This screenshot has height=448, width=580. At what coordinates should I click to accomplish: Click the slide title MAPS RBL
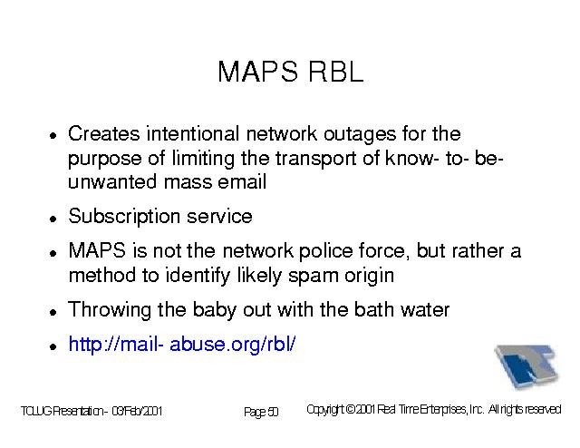[x=291, y=72]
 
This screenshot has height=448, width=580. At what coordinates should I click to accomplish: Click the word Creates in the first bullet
[x=104, y=133]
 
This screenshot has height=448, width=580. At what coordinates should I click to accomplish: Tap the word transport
[x=316, y=160]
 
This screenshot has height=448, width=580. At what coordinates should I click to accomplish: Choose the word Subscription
[x=124, y=217]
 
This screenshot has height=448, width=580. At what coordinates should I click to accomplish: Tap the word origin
[x=369, y=276]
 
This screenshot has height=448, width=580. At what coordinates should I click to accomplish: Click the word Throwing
[x=110, y=310]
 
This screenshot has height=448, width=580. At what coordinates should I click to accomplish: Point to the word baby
[x=215, y=310]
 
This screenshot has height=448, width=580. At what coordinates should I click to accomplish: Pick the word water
[x=425, y=310]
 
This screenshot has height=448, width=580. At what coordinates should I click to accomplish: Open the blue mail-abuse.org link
[x=182, y=345]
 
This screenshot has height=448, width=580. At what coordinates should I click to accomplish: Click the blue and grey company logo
[x=527, y=365]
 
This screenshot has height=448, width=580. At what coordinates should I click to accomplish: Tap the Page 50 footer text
[x=261, y=412]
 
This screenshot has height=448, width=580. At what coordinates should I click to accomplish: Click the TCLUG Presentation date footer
[x=92, y=412]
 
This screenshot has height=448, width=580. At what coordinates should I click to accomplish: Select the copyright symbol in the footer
[x=351, y=410]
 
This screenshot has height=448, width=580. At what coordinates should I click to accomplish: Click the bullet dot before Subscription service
[x=53, y=219]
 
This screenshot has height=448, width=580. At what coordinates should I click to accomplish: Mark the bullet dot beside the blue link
[x=53, y=347]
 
